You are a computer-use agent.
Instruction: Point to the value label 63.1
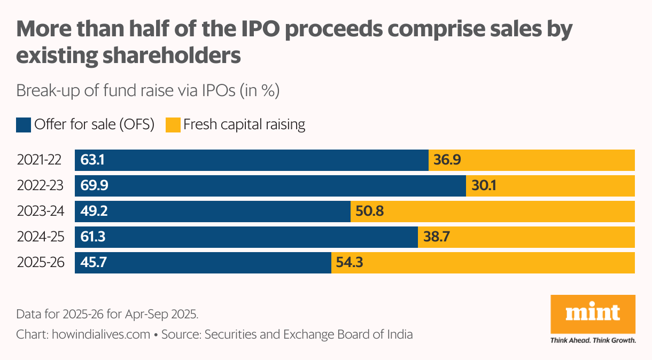pos(92,160)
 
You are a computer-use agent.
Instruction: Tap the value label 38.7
pos(437,237)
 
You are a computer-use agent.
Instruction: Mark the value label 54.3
pos(350,263)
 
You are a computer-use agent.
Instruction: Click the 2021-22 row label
pos(40,160)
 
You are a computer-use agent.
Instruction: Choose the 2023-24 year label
pos(40,212)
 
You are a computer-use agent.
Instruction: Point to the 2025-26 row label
pos(40,263)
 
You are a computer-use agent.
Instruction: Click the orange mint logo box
pos(593,314)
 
